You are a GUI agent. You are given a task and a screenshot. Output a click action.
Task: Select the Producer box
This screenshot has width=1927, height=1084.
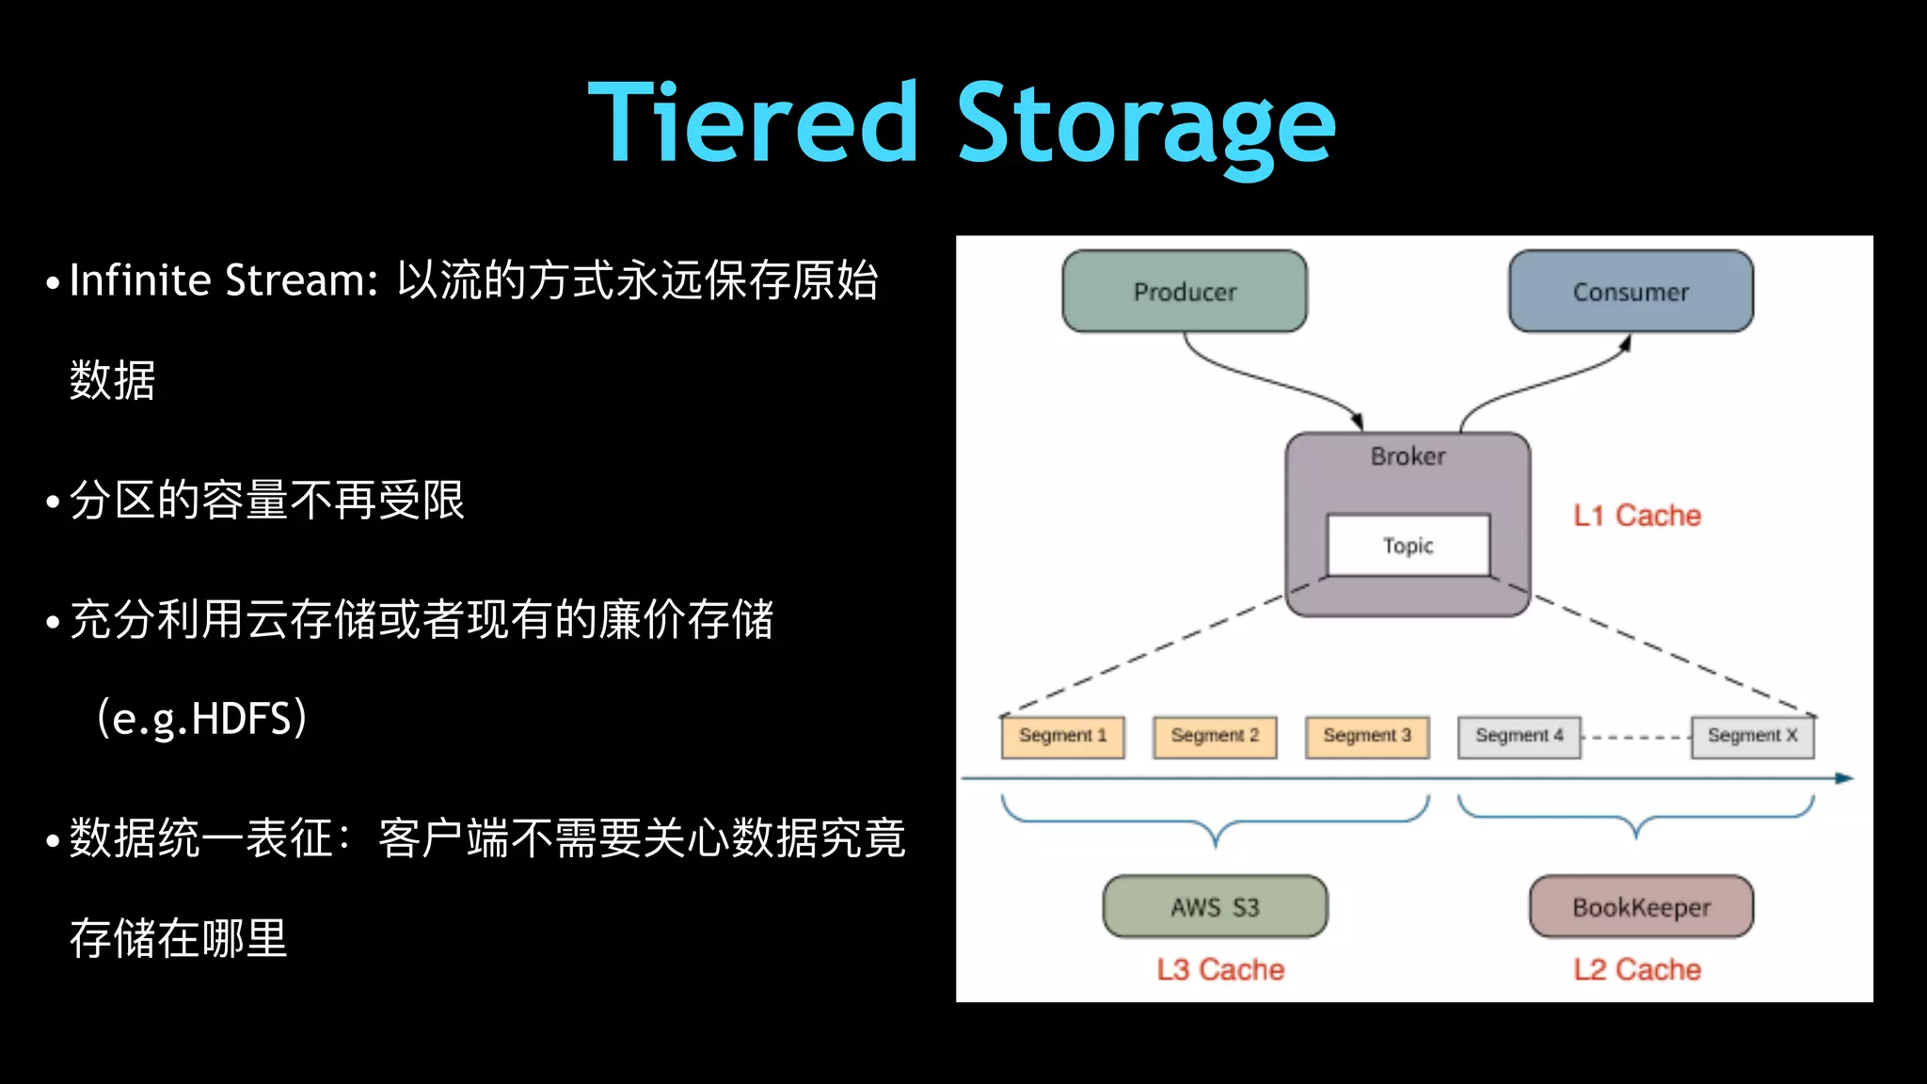coord(1185,292)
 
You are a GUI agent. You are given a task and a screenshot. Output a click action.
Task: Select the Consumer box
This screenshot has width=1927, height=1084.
coord(1631,292)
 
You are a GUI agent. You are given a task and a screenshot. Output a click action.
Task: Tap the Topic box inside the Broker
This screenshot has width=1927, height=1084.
coord(1408,546)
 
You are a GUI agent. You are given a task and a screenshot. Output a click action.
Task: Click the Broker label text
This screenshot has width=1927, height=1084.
coord(1408,456)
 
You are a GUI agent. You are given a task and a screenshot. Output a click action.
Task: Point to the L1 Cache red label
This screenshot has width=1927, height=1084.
coord(1637,516)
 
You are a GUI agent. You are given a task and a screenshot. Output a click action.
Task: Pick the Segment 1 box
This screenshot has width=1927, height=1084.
coord(1062,736)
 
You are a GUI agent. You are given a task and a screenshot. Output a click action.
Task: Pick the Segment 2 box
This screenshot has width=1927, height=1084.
coord(1215,736)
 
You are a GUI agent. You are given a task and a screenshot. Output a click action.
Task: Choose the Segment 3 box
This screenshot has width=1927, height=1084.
coord(1367,736)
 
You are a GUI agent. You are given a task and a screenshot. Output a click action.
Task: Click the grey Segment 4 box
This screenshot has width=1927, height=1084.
coord(1519,736)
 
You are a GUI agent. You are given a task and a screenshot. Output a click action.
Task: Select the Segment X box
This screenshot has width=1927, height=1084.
coord(1752,736)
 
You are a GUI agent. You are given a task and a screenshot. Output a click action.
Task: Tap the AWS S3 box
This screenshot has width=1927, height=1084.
coord(1215,907)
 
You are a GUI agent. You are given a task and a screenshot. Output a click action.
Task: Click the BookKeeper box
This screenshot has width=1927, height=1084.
coord(1641,907)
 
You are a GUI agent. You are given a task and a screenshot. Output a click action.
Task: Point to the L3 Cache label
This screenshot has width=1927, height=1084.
coord(1220,969)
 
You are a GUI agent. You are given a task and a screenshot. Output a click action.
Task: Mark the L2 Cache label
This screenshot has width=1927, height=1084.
coord(1637,969)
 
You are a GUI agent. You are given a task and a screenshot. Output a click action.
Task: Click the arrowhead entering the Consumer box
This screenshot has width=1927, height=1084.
coord(1625,343)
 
